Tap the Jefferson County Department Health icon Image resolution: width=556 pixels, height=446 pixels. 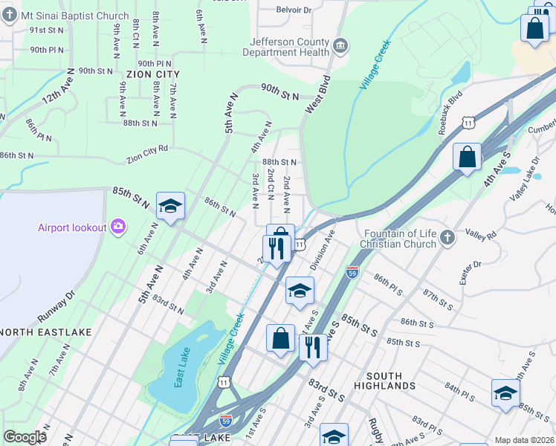340,47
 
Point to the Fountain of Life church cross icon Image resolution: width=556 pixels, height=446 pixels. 447,237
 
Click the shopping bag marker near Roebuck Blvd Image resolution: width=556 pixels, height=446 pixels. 467,158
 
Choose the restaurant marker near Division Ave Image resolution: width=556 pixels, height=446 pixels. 276,248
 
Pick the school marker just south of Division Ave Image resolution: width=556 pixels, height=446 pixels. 300,291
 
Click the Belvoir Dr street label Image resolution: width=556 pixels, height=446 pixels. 294,10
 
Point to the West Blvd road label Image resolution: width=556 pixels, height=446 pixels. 317,94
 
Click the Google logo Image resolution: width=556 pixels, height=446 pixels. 25,437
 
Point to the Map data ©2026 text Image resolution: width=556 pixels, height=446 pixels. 524,440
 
